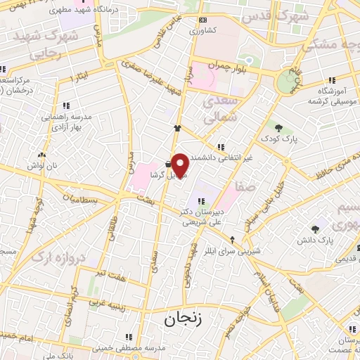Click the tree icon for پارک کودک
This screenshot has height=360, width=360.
(x=278, y=128)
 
